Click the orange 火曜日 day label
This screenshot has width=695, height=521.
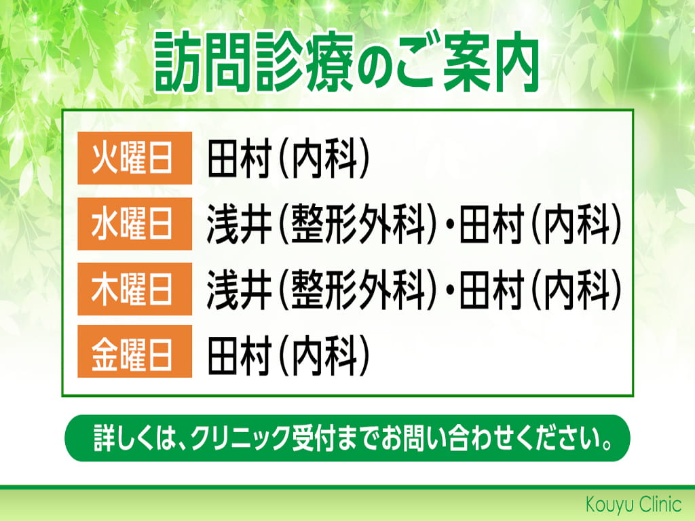[135, 158]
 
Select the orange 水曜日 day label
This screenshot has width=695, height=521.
[135, 224]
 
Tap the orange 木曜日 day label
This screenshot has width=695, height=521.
[135, 289]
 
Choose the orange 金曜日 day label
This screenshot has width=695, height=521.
[135, 351]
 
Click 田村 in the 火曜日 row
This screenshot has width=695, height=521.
[240, 159]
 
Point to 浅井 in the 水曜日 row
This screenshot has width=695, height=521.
[240, 224]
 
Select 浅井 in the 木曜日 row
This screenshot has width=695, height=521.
[240, 289]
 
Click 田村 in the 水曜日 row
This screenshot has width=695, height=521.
[491, 224]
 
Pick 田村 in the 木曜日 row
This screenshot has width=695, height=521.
[491, 289]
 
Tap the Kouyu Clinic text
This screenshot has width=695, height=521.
[633, 504]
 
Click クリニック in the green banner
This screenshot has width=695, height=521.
[241, 438]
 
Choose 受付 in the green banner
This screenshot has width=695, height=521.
[313, 438]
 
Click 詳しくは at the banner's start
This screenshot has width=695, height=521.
[136, 438]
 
